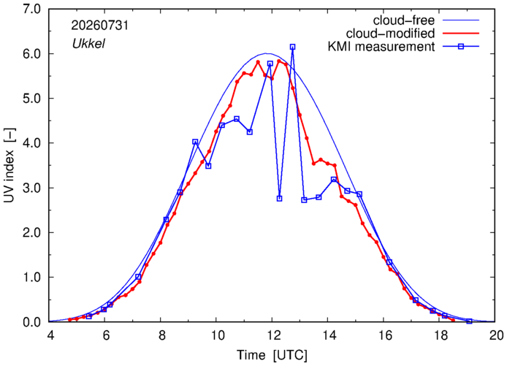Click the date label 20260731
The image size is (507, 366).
[99, 26]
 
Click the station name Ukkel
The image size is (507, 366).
[88, 43]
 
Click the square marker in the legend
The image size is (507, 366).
[461, 47]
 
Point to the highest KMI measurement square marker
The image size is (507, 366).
[293, 47]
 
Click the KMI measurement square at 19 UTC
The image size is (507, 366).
[470, 321]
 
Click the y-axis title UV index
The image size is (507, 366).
[9, 164]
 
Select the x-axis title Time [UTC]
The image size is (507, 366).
[272, 355]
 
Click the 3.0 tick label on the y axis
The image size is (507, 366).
[31, 188]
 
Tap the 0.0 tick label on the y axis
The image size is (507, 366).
[31, 322]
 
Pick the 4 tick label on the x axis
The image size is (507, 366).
[50, 335]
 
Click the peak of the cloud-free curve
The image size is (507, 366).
[266, 53]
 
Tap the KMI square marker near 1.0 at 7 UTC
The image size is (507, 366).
[138, 277]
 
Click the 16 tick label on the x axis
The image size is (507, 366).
[384, 335]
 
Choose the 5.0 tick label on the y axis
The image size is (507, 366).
[31, 99]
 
